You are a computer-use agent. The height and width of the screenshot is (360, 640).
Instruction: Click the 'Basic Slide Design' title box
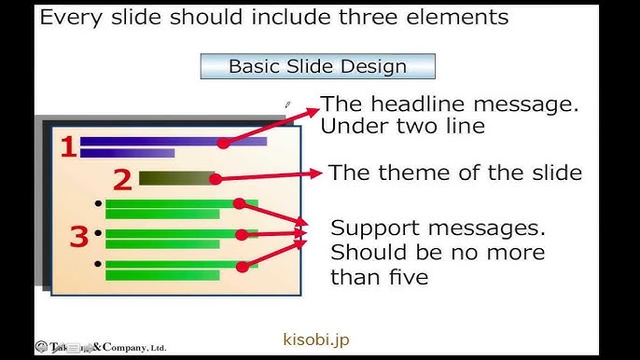click(x=317, y=66)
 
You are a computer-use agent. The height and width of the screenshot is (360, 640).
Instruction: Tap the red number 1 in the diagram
click(x=67, y=146)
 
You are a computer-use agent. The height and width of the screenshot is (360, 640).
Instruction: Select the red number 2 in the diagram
click(x=122, y=179)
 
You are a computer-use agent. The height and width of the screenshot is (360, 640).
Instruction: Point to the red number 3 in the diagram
click(x=79, y=237)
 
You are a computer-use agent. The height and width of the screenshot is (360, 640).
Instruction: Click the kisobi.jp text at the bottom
click(x=315, y=340)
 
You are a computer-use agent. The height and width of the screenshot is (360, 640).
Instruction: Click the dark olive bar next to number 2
click(x=174, y=177)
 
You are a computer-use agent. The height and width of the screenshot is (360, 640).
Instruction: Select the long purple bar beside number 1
click(x=173, y=142)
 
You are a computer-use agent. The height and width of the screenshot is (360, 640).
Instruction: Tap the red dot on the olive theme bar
click(x=214, y=176)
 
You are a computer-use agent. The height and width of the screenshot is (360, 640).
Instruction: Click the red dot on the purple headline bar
click(x=224, y=143)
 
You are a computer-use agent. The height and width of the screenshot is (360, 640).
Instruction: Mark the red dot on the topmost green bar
click(x=239, y=203)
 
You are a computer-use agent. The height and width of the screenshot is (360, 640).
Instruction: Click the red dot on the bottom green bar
click(x=242, y=267)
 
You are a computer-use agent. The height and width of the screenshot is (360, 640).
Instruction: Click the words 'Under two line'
click(x=403, y=127)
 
